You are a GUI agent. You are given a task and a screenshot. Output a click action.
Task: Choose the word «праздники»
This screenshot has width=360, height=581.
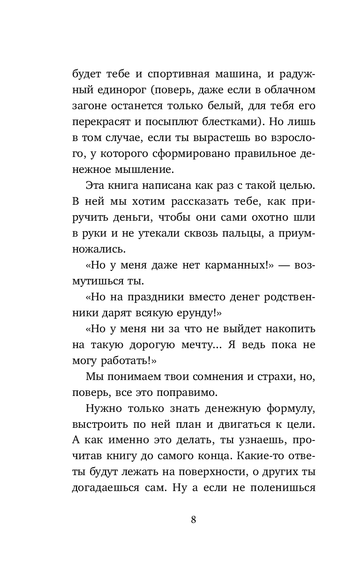(x=155, y=298)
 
